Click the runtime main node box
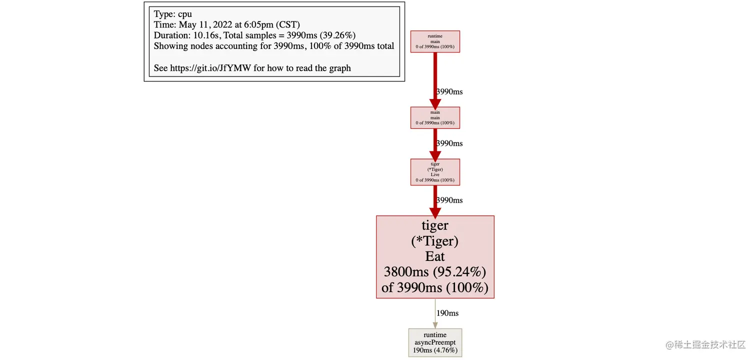[435, 41]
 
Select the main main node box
[435, 117]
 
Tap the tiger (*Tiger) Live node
[435, 172]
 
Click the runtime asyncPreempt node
[435, 342]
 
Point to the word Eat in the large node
[435, 256]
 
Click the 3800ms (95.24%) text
[435, 272]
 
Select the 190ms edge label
[447, 313]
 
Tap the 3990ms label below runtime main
[449, 92]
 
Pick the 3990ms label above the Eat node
[449, 200]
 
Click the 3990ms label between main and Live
[449, 143]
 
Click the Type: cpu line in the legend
[172, 14]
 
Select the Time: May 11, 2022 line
[226, 25]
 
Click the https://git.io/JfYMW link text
[210, 68]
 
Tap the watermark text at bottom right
[705, 345]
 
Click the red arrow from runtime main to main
[435, 75]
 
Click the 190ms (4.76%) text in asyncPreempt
[435, 350]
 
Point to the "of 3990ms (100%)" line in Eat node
[435, 287]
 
